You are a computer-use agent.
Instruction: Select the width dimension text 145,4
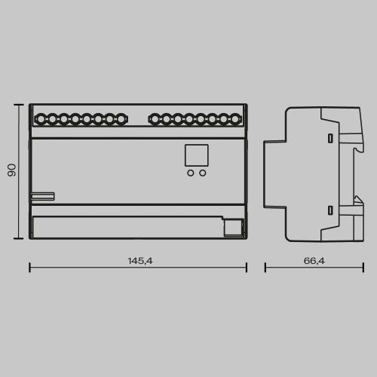click(x=139, y=260)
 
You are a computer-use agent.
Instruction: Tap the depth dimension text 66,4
click(x=314, y=260)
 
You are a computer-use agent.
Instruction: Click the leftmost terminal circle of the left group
click(x=41, y=118)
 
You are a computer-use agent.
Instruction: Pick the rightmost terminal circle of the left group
click(x=121, y=118)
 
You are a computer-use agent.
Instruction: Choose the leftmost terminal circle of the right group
click(x=155, y=118)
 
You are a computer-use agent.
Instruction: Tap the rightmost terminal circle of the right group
click(x=235, y=118)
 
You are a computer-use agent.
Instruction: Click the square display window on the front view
click(x=196, y=155)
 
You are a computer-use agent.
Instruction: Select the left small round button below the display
click(x=190, y=173)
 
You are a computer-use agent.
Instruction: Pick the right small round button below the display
click(x=202, y=173)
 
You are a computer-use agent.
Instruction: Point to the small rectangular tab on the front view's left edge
click(x=42, y=196)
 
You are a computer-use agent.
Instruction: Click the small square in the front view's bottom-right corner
click(x=234, y=227)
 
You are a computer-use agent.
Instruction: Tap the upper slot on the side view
click(x=330, y=138)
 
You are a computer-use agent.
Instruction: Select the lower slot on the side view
click(x=330, y=210)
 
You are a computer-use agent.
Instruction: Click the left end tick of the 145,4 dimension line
click(x=29, y=266)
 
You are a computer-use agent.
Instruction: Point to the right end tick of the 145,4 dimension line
click(x=247, y=266)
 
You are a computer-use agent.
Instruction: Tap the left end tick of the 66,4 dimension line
click(x=265, y=266)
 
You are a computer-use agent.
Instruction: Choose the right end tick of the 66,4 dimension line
click(x=363, y=266)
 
